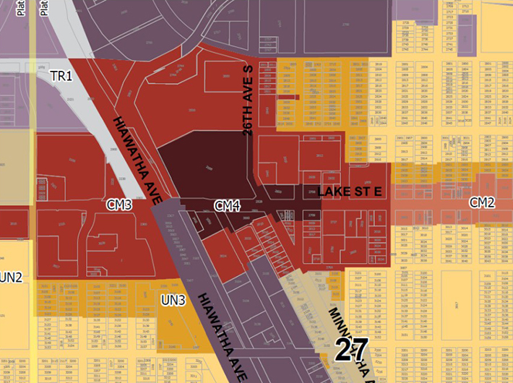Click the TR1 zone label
point(61,76)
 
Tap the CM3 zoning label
point(119,205)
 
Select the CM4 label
point(227,206)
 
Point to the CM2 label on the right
point(482,202)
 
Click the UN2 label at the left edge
point(11,277)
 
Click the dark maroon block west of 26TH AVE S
point(202,166)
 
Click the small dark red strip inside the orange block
point(288,97)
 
